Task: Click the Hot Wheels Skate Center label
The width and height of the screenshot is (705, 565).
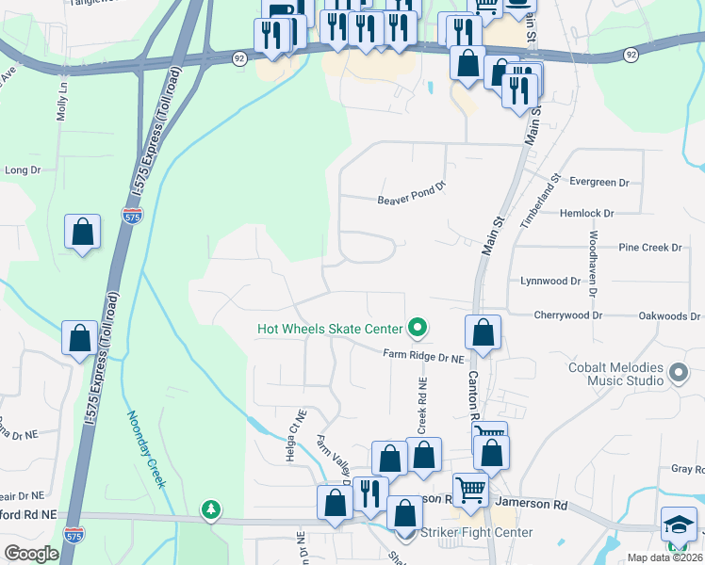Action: [330, 329]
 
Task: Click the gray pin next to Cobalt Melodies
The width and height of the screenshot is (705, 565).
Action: [677, 374]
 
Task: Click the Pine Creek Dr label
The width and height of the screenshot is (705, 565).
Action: [649, 248]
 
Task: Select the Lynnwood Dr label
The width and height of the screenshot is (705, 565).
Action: [550, 281]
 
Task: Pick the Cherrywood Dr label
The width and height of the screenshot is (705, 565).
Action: [567, 315]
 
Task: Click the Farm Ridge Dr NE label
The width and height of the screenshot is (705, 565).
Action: [424, 356]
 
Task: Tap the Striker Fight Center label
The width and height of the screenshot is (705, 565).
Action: [476, 533]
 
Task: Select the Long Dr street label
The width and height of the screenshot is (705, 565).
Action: [23, 170]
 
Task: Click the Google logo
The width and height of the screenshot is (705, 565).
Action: [31, 554]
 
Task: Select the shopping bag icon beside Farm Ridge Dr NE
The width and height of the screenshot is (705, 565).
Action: [483, 333]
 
